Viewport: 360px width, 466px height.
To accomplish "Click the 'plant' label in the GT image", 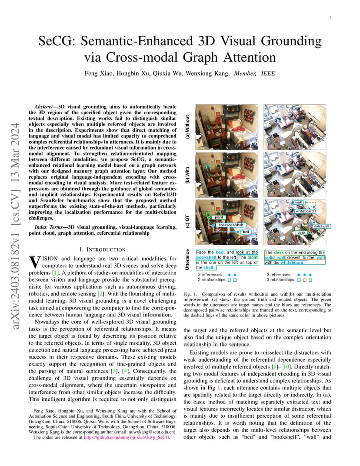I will click(x=219, y=217).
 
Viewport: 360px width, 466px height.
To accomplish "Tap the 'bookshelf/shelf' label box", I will click(x=230, y=225).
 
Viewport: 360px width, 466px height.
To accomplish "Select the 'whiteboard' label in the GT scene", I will click(x=304, y=211).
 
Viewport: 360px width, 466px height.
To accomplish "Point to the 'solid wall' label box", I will click(x=321, y=226).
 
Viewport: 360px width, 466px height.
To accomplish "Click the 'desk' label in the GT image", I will click(x=301, y=233).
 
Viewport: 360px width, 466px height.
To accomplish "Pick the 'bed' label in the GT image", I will click(x=246, y=233).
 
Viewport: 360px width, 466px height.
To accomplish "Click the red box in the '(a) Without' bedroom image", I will click(x=219, y=117).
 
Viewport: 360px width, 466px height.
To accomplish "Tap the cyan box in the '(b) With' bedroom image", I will click(x=209, y=166).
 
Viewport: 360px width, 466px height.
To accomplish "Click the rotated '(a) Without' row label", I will click(x=188, y=126).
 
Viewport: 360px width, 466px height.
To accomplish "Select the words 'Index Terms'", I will click(x=47, y=227).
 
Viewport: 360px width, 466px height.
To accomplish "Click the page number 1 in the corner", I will click(x=330, y=17).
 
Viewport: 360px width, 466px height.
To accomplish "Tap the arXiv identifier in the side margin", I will click(x=16, y=226).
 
